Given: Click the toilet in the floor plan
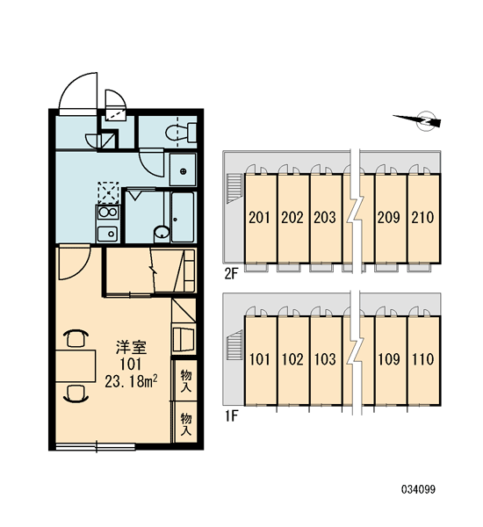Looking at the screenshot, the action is tap(181, 133).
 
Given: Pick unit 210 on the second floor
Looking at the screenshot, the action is tap(423, 219).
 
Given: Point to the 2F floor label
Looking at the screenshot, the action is tap(231, 275).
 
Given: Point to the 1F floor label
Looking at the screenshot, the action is tap(231, 416).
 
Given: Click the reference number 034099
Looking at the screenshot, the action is tap(418, 489).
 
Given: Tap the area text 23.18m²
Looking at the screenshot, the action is tap(132, 381).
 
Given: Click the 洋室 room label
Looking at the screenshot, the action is tap(132, 347).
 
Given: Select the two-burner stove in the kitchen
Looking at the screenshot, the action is tap(107, 213).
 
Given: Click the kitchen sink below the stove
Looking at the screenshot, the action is tap(107, 234).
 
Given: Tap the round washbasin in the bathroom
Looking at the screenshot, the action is tap(162, 233).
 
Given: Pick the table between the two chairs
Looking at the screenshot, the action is tap(76, 365).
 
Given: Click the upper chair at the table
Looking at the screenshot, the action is tap(76, 338).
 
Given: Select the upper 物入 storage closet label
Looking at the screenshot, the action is tap(186, 380).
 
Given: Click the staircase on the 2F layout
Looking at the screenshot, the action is tap(234, 188).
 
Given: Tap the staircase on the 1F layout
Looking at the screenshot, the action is tap(234, 345).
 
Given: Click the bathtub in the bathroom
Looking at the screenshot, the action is tap(183, 217).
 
